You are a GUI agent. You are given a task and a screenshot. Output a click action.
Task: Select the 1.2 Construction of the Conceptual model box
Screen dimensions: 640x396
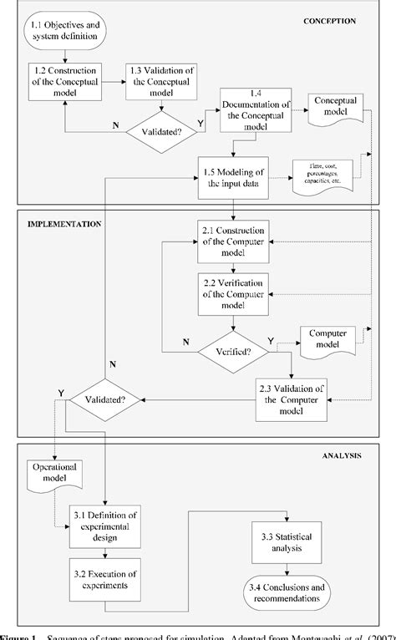(65, 82)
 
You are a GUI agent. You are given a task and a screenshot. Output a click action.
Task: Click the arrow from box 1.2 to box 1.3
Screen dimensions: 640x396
(115, 82)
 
